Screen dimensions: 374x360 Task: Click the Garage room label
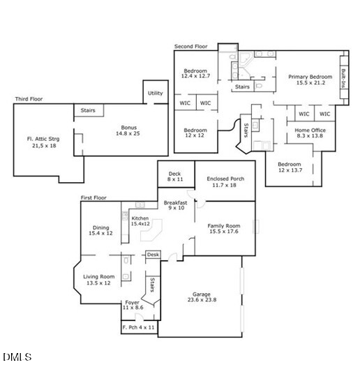click(x=202, y=298)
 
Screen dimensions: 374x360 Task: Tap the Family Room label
click(x=223, y=230)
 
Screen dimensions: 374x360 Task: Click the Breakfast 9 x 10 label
click(x=175, y=205)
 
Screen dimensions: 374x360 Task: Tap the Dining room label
click(x=100, y=230)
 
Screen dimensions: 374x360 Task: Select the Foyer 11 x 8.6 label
click(x=132, y=305)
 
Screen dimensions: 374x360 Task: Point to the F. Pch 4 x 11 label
click(x=139, y=327)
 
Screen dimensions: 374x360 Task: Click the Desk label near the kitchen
click(x=153, y=255)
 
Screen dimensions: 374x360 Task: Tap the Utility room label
click(x=155, y=93)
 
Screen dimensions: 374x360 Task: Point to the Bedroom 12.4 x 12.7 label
click(x=196, y=75)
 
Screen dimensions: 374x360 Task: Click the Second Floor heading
click(x=190, y=46)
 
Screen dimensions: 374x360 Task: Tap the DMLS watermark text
click(x=17, y=357)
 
